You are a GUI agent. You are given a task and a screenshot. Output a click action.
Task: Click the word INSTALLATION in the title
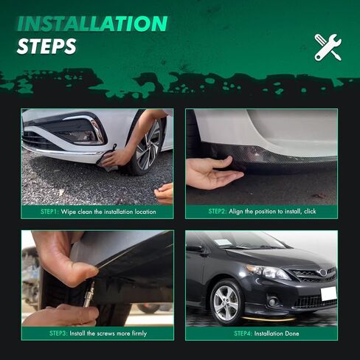click(92, 24)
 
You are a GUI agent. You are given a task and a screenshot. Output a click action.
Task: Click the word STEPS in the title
click(46, 46)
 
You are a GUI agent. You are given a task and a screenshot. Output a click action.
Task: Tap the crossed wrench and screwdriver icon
click(328, 47)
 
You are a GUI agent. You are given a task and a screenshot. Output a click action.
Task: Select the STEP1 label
click(49, 212)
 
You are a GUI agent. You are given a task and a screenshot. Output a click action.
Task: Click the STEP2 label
click(218, 211)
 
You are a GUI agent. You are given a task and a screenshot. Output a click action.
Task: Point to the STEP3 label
click(58, 333)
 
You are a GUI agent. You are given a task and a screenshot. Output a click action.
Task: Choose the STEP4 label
click(243, 333)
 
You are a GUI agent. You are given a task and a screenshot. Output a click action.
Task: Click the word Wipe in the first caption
click(69, 212)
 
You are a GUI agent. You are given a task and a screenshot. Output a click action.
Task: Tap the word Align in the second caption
click(236, 212)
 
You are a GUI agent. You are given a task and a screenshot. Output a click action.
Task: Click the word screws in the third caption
click(106, 333)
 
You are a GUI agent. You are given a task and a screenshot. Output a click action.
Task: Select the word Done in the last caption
click(292, 333)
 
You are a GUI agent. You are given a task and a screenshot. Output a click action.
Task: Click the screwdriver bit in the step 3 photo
click(89, 294)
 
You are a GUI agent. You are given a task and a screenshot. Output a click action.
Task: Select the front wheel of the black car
click(226, 302)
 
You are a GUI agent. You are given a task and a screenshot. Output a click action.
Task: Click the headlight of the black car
click(268, 272)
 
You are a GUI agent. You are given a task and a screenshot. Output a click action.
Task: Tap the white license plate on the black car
click(329, 294)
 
